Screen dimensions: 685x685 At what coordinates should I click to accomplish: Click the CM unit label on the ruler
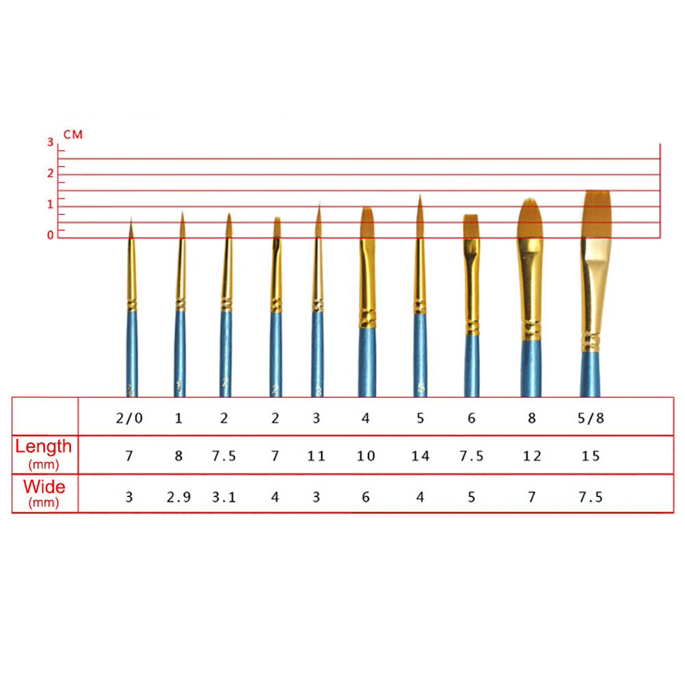point(73,135)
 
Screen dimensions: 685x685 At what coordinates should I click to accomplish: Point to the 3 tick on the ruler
point(50,142)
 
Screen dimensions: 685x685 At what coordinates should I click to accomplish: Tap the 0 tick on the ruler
point(50,235)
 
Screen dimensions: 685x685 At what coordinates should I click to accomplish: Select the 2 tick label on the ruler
point(50,173)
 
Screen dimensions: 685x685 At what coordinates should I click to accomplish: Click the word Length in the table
point(43,446)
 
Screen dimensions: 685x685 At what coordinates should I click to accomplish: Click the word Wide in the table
point(44,487)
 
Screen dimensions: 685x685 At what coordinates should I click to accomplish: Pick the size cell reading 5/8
point(591,418)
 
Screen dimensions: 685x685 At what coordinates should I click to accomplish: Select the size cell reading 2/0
point(129,418)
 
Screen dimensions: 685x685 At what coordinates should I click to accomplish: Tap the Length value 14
point(420,456)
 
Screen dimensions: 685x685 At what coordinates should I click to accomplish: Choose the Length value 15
point(591,456)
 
